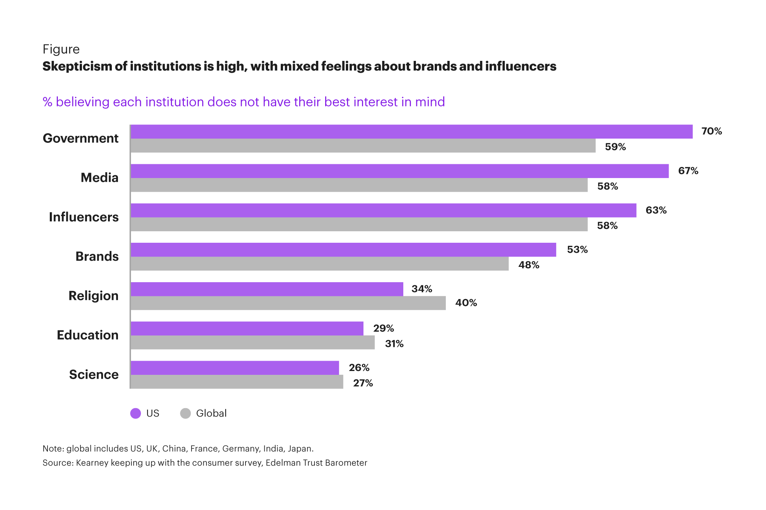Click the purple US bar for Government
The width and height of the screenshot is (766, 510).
pyautogui.click(x=411, y=132)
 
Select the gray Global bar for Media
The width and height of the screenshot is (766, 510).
pyautogui.click(x=359, y=185)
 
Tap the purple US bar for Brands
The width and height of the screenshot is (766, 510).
pyautogui.click(x=343, y=250)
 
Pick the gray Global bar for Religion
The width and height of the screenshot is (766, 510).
pyautogui.click(x=288, y=303)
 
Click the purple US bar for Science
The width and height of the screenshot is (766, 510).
pyautogui.click(x=235, y=368)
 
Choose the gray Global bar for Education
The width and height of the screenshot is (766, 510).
pyautogui.click(x=252, y=343)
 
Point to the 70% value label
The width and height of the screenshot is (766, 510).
pyautogui.click(x=711, y=131)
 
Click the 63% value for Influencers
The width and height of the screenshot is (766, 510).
pyautogui.click(x=656, y=210)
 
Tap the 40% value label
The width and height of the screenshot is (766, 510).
pyautogui.click(x=466, y=303)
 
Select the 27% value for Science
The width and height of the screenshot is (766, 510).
pyautogui.click(x=363, y=383)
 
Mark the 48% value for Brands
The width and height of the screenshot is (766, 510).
pyautogui.click(x=529, y=265)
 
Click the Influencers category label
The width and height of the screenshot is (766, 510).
pyautogui.click(x=84, y=217)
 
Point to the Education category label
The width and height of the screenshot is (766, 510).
pyautogui.click(x=88, y=335)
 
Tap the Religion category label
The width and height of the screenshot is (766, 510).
pyautogui.click(x=93, y=296)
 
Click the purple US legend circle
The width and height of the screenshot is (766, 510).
pyautogui.click(x=136, y=414)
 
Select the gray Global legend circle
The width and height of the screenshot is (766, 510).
pyautogui.click(x=185, y=414)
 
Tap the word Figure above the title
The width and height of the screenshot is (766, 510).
pyautogui.click(x=61, y=49)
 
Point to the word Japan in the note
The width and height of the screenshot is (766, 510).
pyautogui.click(x=300, y=449)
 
